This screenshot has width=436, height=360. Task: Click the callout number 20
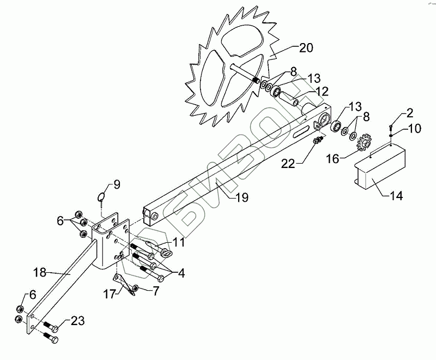[x=306, y=47]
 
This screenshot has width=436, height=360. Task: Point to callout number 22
[x=289, y=162]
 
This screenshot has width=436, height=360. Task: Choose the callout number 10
[x=413, y=129]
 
